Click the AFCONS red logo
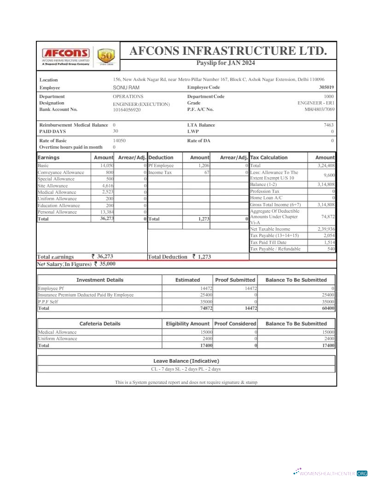coord(66,53)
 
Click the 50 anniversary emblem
coord(106,57)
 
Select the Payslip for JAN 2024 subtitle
coord(226,63)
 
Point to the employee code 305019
coord(326,87)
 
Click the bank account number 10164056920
coord(127,110)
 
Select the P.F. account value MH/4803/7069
coord(320,110)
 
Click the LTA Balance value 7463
coord(329,125)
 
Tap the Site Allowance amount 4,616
coord(107,185)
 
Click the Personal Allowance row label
coord(57,212)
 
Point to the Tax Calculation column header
coord(269,157)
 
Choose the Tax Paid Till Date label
coord(268,242)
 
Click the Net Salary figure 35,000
coord(107,264)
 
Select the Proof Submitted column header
coord(235,280)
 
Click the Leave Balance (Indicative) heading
coord(186,361)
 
